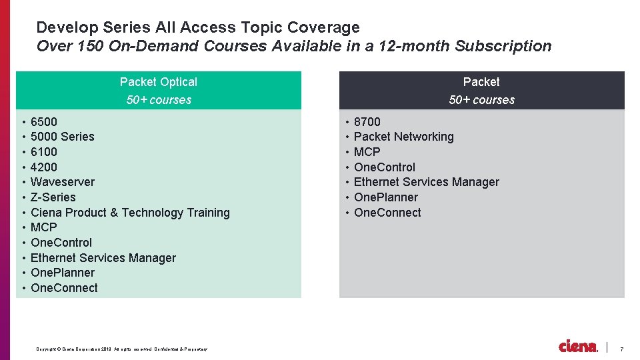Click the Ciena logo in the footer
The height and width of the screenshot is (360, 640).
coord(578,347)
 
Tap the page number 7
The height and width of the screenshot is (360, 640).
coord(622,349)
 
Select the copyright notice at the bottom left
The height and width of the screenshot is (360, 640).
coord(122,349)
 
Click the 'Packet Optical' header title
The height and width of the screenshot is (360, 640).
coord(159,82)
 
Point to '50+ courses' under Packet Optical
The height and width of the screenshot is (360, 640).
coord(159,100)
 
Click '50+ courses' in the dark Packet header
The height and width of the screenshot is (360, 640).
coord(481,100)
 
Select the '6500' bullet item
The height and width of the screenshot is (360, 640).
coord(44,122)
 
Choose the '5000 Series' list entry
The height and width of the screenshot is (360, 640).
coord(63,137)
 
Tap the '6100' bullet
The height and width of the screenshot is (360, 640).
coord(44,152)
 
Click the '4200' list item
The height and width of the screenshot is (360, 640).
coord(44,167)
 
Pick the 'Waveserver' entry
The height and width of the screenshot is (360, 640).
coord(63,182)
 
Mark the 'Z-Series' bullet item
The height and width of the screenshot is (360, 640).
coord(53,197)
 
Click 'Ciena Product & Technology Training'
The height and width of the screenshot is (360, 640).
coord(130,213)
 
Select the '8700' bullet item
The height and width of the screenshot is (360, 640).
coord(367,122)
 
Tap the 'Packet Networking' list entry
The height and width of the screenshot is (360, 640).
coord(403,137)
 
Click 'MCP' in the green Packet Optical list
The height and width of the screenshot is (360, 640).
coord(44,227)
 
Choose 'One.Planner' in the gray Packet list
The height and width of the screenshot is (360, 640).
coord(386,197)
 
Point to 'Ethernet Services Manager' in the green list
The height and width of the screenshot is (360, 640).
coord(103,258)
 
